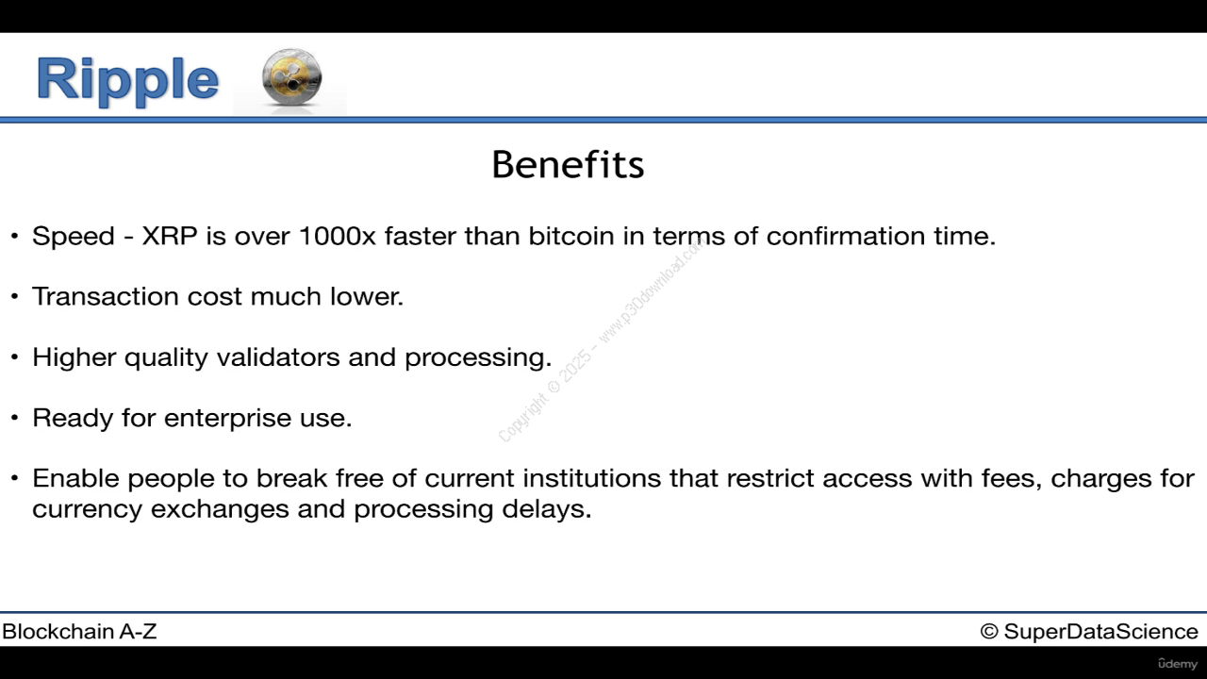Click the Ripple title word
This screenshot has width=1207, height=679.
pos(127,80)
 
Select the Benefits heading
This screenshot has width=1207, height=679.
pos(568,164)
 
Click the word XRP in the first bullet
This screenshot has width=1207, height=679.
pos(170,236)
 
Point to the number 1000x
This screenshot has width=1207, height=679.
pos(338,236)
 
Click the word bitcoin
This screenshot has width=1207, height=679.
pos(571,236)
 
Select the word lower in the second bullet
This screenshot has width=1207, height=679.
pos(367,296)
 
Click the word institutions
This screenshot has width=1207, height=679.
pos(592,478)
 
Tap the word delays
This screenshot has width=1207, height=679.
pos(547,509)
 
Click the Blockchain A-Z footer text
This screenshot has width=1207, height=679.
pos(79,631)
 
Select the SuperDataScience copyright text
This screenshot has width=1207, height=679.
pos(1089,631)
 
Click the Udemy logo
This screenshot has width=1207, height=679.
pos(1178,663)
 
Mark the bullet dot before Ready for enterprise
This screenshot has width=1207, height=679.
pos(14,418)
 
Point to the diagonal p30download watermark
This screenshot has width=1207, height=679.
pos(602,340)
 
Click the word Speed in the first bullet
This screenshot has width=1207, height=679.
pos(74,237)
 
